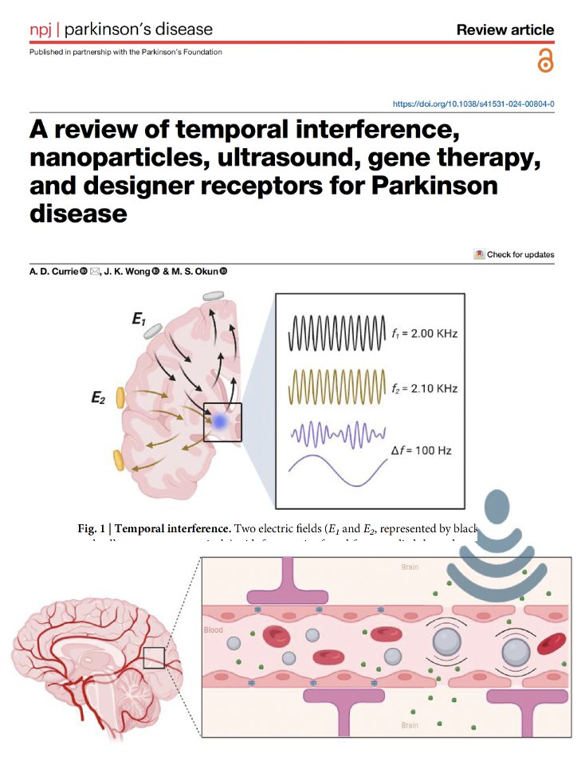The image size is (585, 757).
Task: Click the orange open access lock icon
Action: pyautogui.click(x=545, y=61)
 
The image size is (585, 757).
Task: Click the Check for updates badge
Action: pyautogui.click(x=514, y=254)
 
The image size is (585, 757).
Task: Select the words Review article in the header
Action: pyautogui.click(x=505, y=30)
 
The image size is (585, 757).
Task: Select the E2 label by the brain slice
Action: pyautogui.click(x=99, y=398)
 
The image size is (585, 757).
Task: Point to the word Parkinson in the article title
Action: pyautogui.click(x=431, y=186)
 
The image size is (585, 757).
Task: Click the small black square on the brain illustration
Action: pyautogui.click(x=153, y=657)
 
